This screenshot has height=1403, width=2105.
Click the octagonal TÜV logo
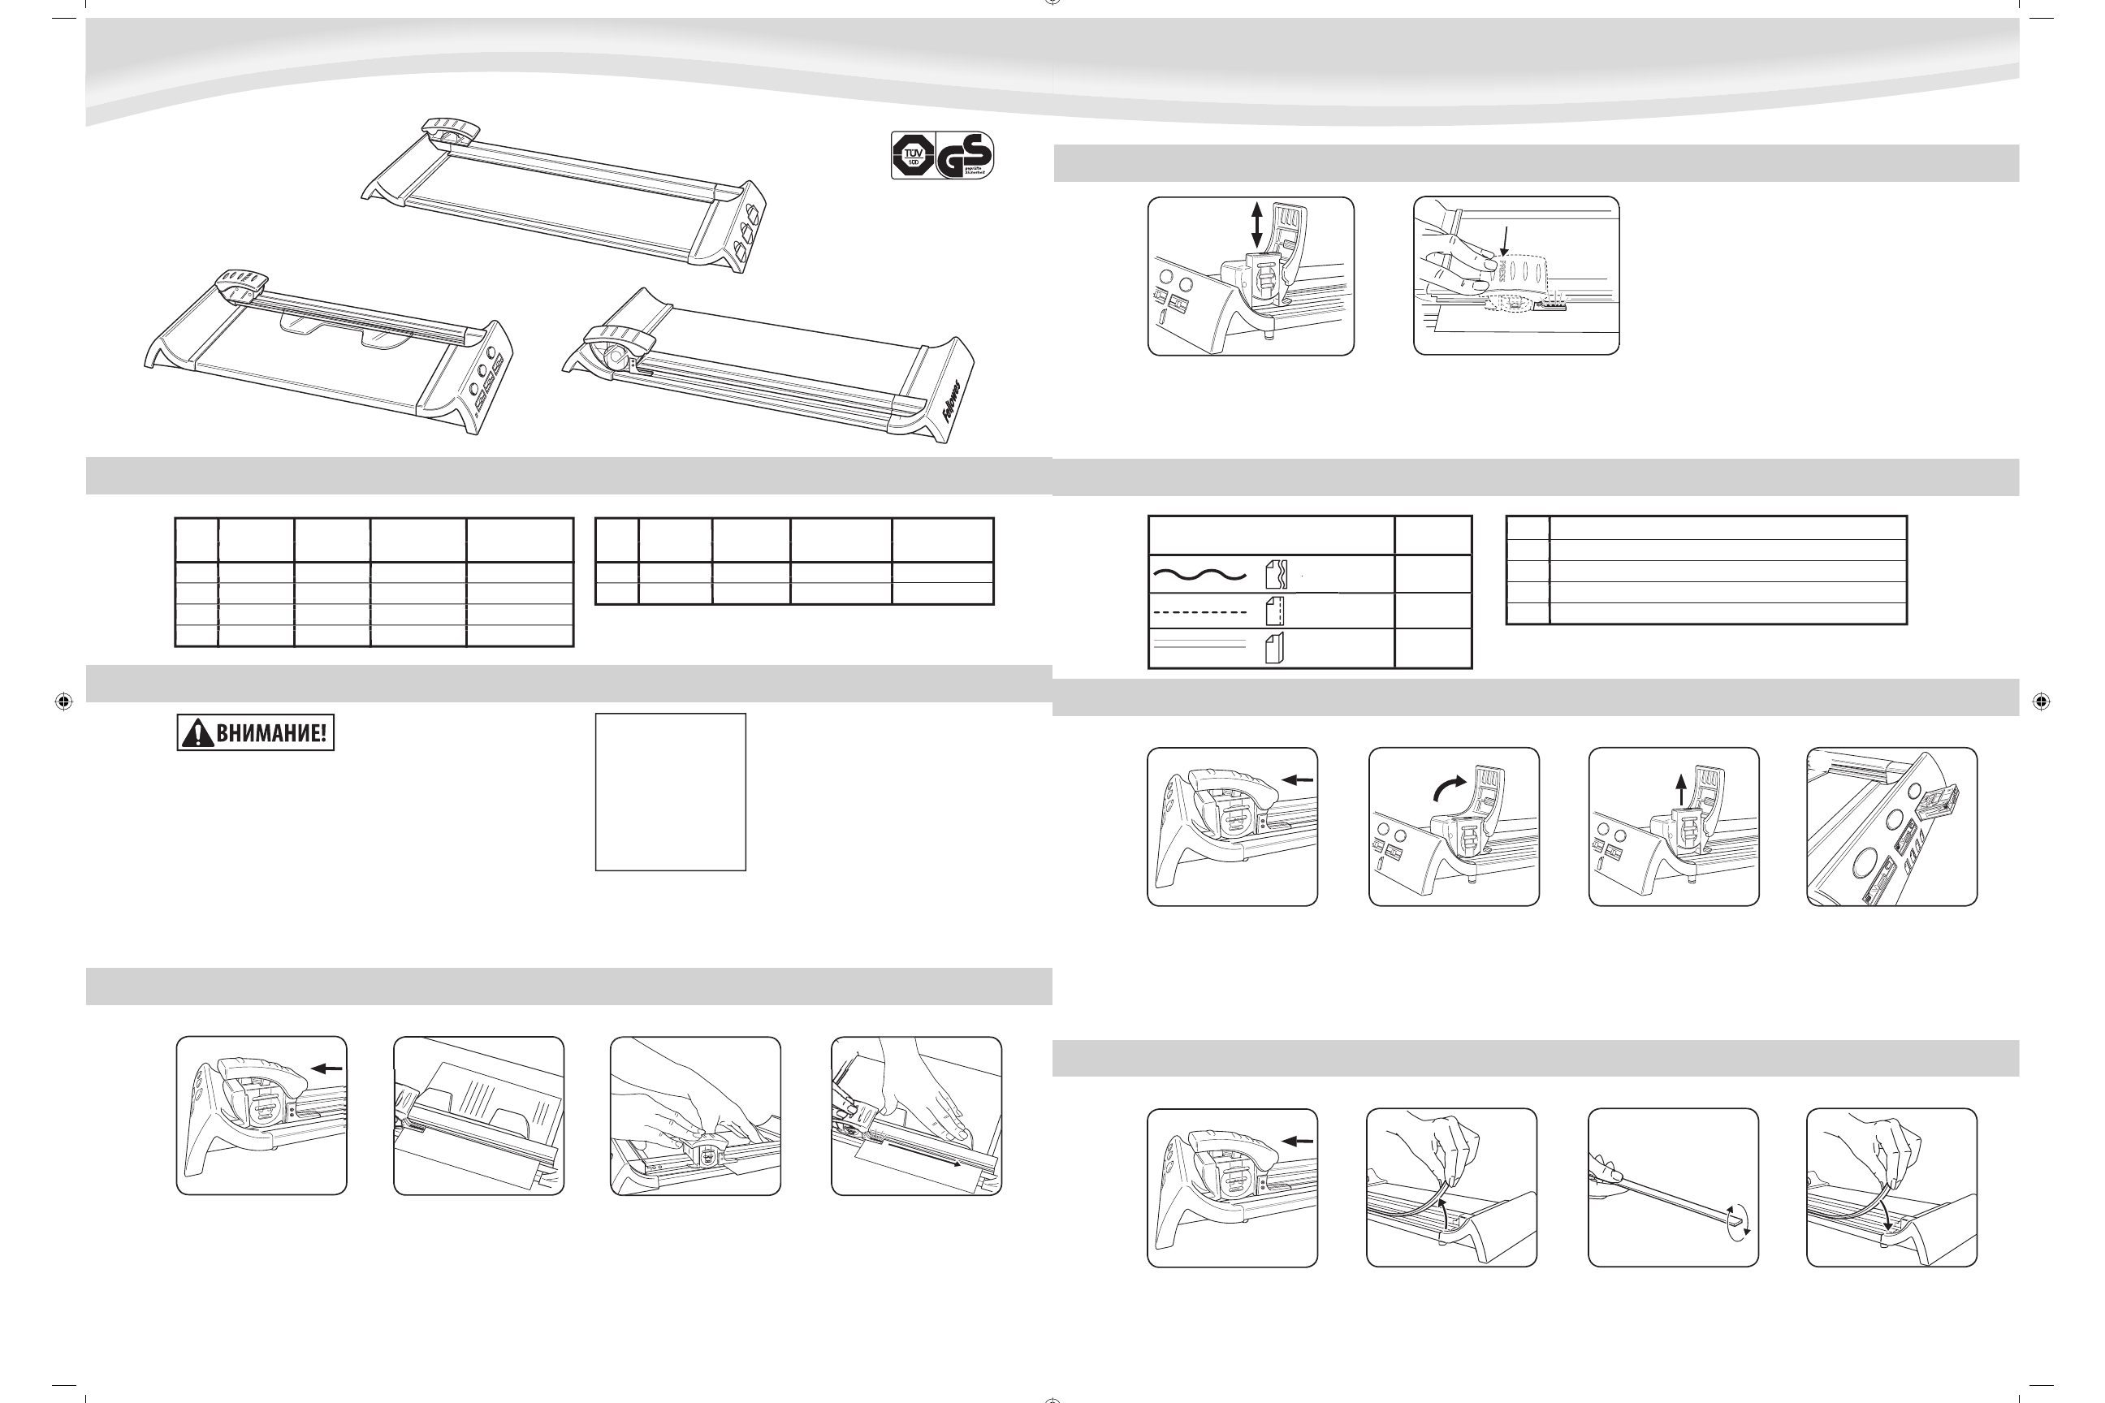pos(913,156)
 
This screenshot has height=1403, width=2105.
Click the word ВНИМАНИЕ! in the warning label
pos(270,734)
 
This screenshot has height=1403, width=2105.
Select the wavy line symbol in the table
pos(1200,575)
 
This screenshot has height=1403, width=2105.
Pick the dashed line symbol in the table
pos(1200,612)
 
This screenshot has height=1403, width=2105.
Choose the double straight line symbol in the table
pos(1200,647)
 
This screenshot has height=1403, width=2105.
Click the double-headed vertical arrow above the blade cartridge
pos(1256,225)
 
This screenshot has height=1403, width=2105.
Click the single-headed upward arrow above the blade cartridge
pos(1681,789)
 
